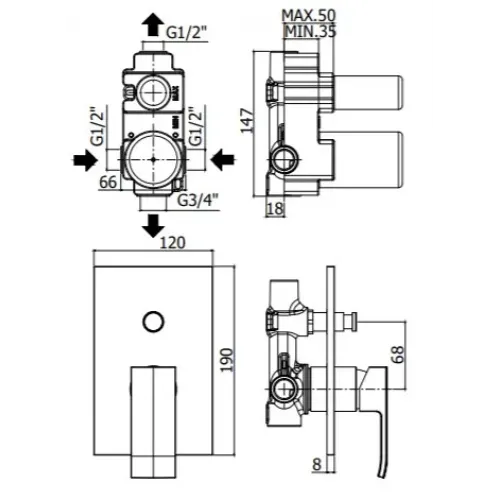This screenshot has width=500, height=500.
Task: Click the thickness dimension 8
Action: tap(316, 463)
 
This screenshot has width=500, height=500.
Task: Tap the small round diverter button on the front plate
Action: tap(153, 321)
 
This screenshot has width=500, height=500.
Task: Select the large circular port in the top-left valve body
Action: tap(150, 158)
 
